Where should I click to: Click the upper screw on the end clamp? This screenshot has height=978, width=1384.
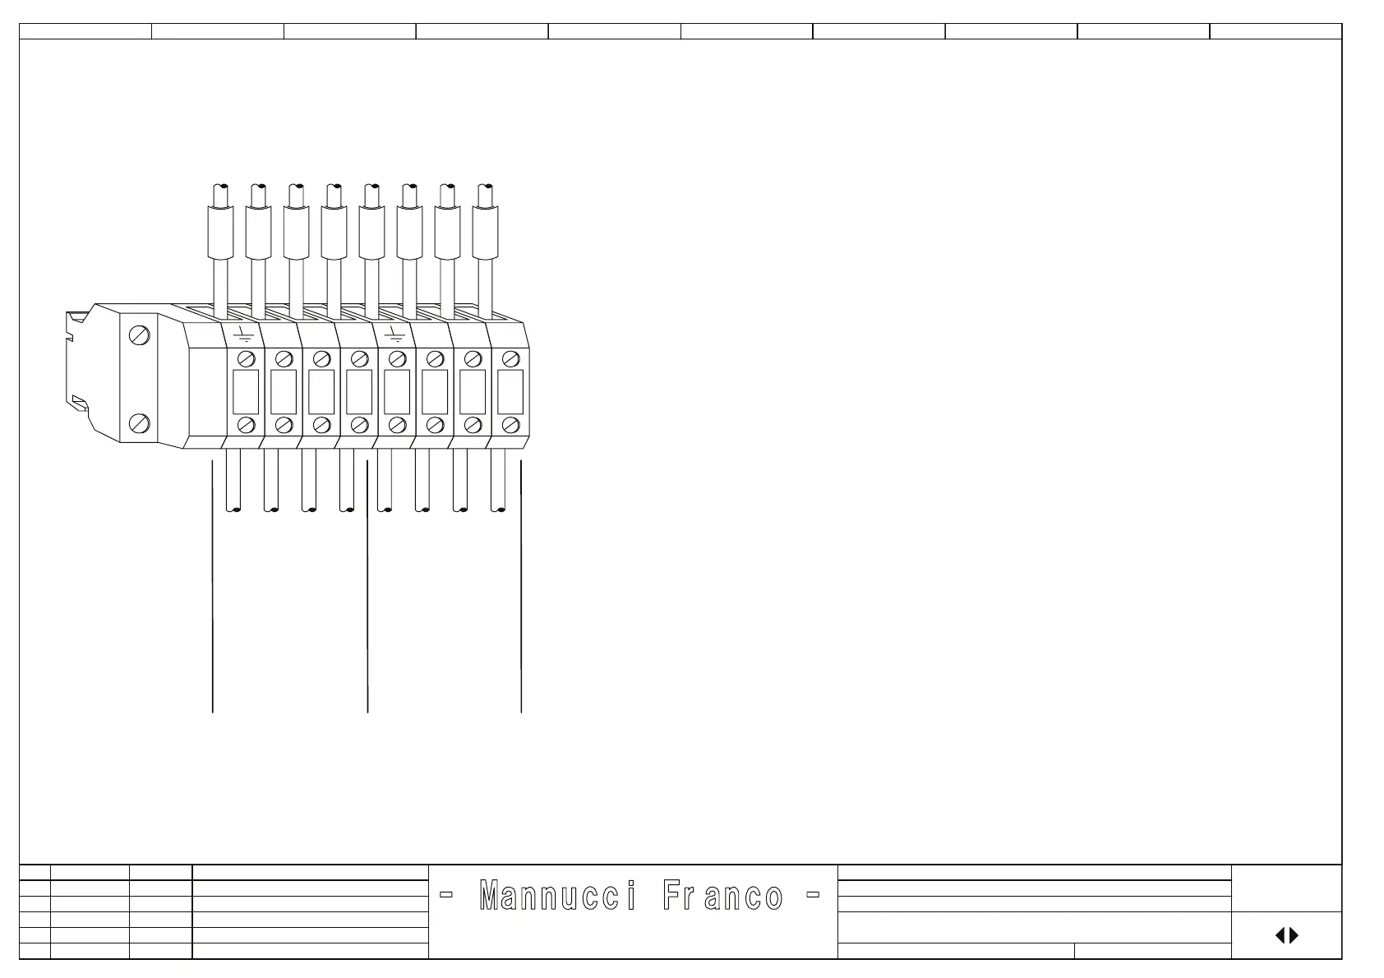click(x=140, y=336)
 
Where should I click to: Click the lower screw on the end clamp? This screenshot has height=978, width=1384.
click(x=140, y=424)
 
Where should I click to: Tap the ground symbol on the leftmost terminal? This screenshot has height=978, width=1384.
click(x=242, y=334)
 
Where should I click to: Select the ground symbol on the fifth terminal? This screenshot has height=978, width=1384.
click(x=395, y=334)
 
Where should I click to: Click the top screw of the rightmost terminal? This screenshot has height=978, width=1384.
click(x=510, y=358)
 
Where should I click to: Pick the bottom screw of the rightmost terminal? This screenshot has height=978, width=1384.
click(x=510, y=425)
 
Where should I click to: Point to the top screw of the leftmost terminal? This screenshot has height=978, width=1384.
click(x=246, y=358)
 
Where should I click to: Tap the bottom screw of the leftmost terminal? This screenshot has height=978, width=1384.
click(x=246, y=425)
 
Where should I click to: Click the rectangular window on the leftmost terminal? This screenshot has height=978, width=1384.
click(x=246, y=392)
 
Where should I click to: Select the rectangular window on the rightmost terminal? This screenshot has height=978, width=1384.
click(x=510, y=392)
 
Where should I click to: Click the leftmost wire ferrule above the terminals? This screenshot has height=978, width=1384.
click(x=219, y=231)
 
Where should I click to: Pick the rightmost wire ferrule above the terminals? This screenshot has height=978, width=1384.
click(x=486, y=231)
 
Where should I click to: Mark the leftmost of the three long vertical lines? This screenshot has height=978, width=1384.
click(x=213, y=592)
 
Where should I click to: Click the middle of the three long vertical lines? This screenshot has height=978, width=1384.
click(x=367, y=592)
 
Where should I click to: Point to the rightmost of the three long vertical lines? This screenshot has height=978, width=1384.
click(x=522, y=592)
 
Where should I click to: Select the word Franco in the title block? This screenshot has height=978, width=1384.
click(x=722, y=897)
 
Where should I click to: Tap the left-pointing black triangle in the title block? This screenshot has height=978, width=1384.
click(x=1280, y=935)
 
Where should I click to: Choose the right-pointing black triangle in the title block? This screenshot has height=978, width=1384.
click(x=1294, y=935)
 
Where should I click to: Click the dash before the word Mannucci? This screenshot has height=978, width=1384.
click(x=447, y=895)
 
